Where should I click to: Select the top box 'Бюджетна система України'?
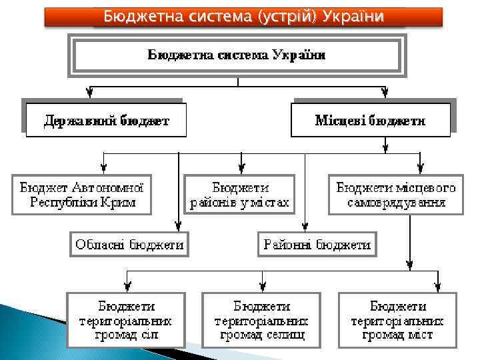[237, 56]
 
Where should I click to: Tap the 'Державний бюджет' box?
[106, 121]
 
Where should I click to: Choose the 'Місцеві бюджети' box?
[370, 121]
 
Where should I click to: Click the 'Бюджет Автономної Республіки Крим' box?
[82, 195]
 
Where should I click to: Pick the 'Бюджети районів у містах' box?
[240, 195]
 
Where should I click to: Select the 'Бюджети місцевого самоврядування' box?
[396, 195]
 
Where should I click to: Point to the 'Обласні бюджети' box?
[129, 245]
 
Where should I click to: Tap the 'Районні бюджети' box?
[317, 245]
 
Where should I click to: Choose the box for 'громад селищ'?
[261, 320]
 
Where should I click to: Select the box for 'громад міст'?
[397, 320]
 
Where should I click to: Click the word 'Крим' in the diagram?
[120, 202]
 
